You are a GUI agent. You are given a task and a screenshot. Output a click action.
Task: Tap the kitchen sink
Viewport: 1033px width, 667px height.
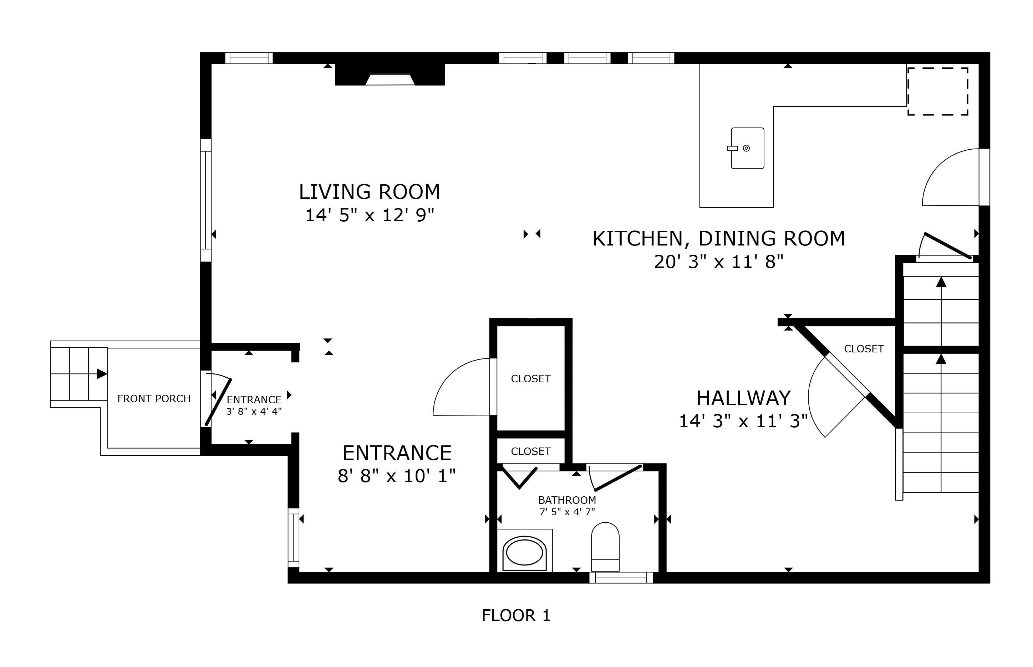coord(747,148)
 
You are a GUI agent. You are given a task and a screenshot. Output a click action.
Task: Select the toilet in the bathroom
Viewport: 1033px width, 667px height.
coord(605,547)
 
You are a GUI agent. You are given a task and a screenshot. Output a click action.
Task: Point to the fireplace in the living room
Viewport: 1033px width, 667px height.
coord(390,74)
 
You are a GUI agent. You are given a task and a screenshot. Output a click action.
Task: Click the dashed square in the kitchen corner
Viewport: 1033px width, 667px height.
coord(938,91)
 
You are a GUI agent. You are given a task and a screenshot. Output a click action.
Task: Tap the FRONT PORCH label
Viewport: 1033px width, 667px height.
coord(154,398)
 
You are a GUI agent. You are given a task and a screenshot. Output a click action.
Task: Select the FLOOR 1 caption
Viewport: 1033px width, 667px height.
coord(516,615)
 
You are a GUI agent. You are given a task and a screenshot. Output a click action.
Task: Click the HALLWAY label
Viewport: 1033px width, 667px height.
coord(743,398)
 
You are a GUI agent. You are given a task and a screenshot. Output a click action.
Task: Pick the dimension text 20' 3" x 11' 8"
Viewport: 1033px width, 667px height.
coord(719,262)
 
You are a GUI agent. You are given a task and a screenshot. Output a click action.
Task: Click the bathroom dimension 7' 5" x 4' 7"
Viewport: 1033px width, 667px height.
coord(567,512)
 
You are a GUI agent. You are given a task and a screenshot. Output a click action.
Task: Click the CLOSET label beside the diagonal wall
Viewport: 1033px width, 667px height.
coord(864,349)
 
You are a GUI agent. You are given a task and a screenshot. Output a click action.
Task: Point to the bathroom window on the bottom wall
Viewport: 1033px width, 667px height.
coord(621,577)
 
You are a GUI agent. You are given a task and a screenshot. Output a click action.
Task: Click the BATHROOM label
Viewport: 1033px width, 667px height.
coord(567,500)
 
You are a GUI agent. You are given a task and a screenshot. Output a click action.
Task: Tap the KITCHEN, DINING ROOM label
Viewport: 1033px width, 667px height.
coord(719,239)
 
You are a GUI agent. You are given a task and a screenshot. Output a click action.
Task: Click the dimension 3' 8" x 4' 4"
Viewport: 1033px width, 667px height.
coord(254,411)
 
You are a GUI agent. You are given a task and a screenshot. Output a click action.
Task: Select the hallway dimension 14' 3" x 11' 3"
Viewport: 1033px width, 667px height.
coord(743,421)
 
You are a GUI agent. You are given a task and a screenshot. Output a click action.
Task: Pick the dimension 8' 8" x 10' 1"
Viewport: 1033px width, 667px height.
coord(397,476)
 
